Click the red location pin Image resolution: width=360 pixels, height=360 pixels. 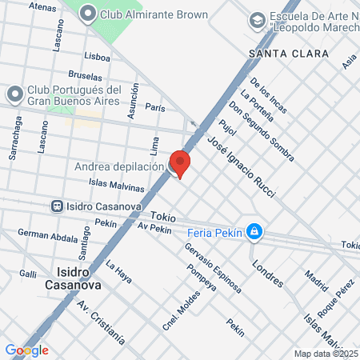point(180,162)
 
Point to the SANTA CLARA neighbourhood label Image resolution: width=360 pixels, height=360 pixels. point(288,54)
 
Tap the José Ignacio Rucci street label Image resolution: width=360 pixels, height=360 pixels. point(240,166)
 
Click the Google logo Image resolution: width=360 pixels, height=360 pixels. point(27,350)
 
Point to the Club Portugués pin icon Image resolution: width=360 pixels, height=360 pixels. point(14,94)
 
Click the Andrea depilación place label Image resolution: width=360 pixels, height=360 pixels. point(119,166)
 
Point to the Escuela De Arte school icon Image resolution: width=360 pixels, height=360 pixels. point(258,19)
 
